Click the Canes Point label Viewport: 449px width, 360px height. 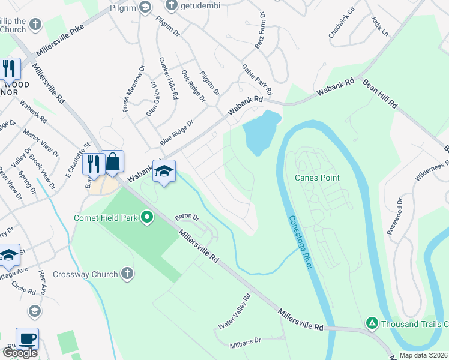pos(317,178)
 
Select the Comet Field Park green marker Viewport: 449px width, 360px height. pos(146,217)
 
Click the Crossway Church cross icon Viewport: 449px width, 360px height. pos(127,274)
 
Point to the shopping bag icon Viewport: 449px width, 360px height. pos(113,161)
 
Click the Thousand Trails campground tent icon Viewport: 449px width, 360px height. pos(372,324)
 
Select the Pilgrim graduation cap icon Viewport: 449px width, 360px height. pos(145,7)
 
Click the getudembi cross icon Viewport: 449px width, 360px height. pos(171,6)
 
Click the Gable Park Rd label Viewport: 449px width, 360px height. pos(257,80)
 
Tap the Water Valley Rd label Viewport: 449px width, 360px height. pos(234,311)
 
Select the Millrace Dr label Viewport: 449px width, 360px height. pos(246,343)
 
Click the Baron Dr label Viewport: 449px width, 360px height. pos(186,216)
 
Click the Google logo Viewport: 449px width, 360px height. pos(20,353)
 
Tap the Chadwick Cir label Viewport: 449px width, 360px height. pos(342,24)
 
